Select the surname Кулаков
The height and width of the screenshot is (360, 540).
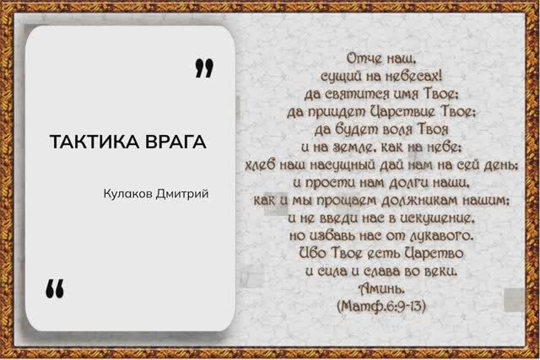(x=128, y=194)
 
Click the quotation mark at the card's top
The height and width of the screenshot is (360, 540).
(x=203, y=68)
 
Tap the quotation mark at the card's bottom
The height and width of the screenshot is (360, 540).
(x=55, y=288)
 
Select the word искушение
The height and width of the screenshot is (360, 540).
(x=424, y=218)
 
